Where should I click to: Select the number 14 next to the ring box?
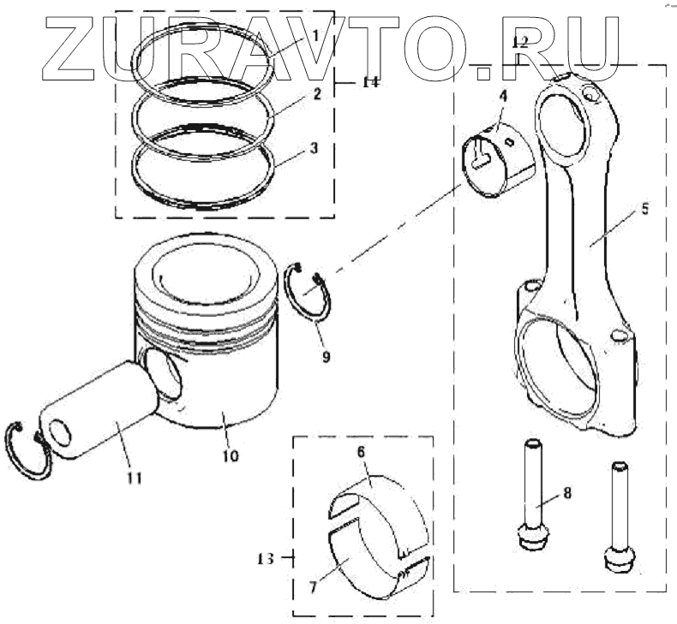[x=369, y=83]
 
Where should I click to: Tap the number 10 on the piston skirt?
[x=230, y=456]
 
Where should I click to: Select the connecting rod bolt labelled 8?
[x=532, y=496]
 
